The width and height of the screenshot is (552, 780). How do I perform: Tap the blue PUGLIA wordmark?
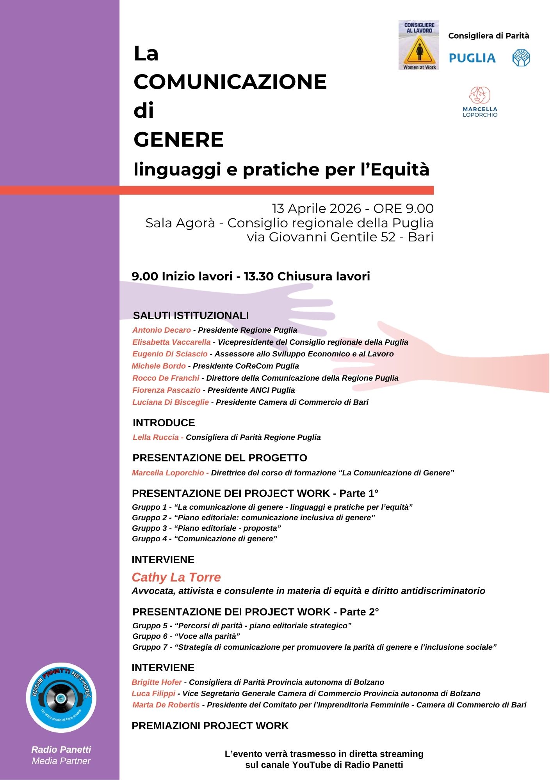[472, 58]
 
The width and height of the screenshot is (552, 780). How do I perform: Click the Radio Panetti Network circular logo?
[61, 697]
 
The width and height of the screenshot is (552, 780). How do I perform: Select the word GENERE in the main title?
[178, 140]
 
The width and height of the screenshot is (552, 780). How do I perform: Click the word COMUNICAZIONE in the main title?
[230, 82]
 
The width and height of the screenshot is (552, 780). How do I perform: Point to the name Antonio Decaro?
[162, 330]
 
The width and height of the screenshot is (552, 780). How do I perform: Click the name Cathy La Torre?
[176, 577]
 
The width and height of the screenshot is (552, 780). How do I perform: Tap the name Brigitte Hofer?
[157, 682]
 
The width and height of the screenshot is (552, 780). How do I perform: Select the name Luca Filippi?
[153, 693]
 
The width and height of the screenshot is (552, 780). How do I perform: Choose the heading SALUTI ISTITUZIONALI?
[191, 316]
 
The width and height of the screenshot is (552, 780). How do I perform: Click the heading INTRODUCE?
[164, 423]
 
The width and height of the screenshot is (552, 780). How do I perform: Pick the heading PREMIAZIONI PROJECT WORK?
[210, 726]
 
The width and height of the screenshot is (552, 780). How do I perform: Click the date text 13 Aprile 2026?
[317, 209]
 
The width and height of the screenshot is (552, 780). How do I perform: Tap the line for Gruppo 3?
[207, 528]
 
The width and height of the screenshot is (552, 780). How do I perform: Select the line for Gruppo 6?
[186, 636]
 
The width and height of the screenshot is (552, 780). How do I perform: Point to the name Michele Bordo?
[158, 366]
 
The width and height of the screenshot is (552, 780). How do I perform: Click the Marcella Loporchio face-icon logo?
[479, 96]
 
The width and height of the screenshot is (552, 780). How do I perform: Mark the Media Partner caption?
[61, 761]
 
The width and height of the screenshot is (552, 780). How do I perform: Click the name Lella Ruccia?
[155, 437]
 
